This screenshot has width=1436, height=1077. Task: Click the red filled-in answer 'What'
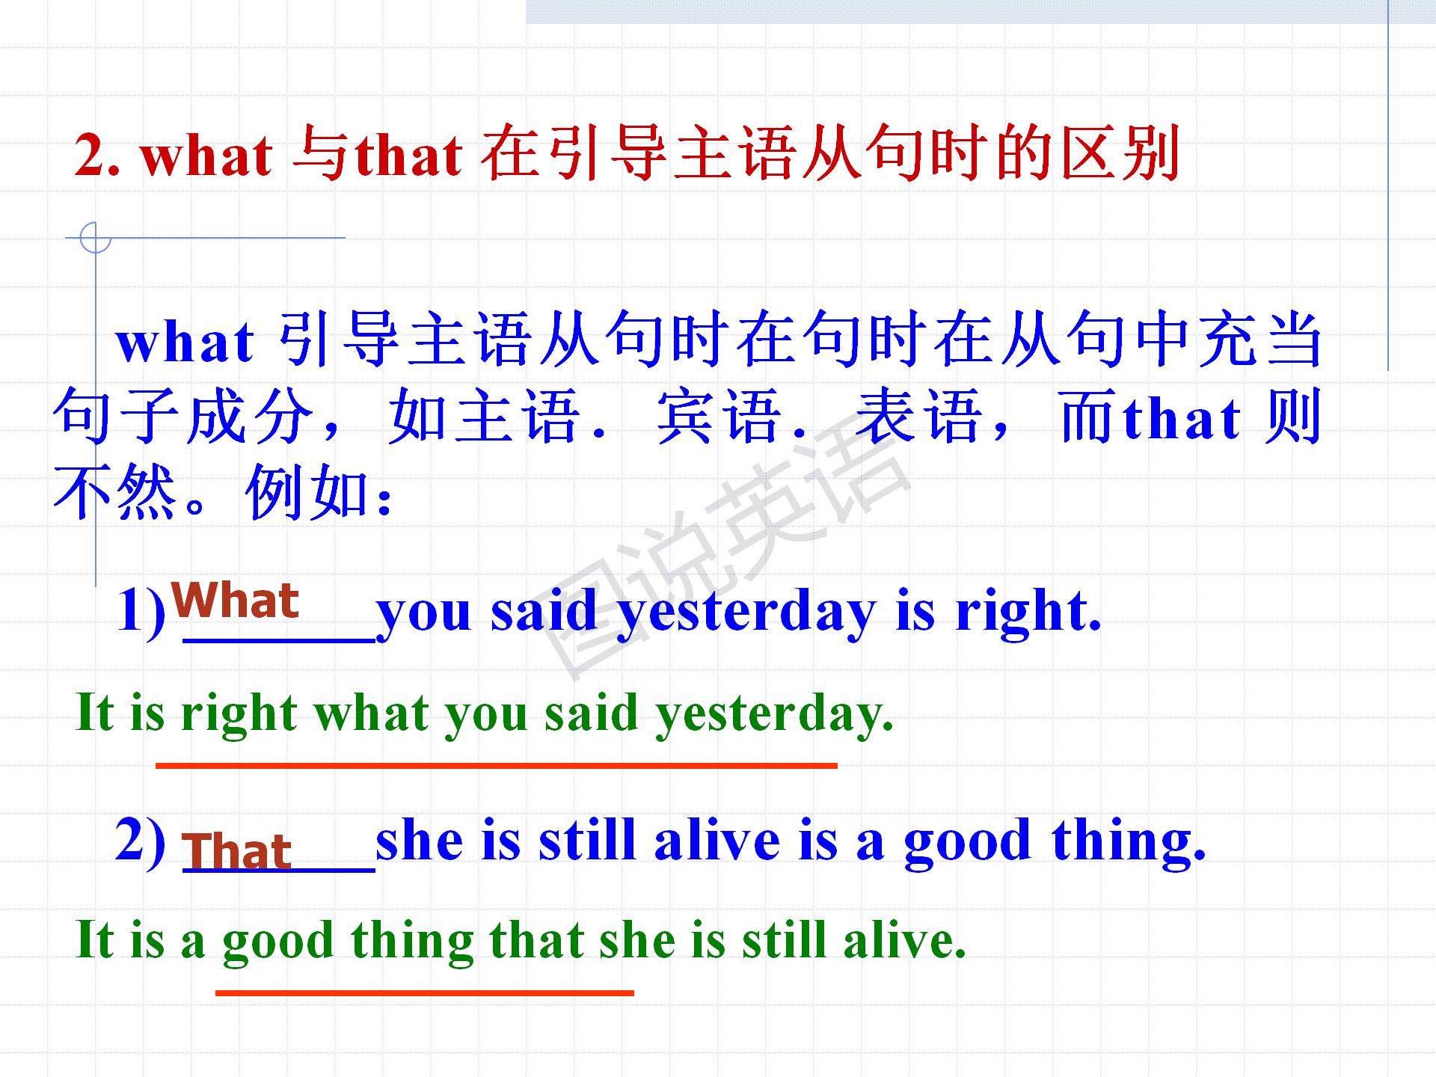click(x=235, y=601)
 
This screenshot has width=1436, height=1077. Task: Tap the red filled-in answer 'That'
click(x=236, y=851)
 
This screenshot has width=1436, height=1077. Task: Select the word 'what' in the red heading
click(x=206, y=156)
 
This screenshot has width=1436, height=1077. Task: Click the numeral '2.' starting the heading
click(x=97, y=156)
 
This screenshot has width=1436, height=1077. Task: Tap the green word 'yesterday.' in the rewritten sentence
click(x=775, y=715)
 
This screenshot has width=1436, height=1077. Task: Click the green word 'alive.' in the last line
click(x=905, y=941)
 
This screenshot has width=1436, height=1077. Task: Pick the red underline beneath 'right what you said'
click(x=497, y=766)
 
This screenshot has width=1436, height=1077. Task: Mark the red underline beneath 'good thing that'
click(x=425, y=993)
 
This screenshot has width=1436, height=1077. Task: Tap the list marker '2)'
click(x=141, y=842)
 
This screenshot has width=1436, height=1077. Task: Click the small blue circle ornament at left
click(x=95, y=238)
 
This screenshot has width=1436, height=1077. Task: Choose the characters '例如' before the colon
click(x=309, y=493)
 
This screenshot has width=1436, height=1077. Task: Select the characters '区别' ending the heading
click(x=1120, y=154)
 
